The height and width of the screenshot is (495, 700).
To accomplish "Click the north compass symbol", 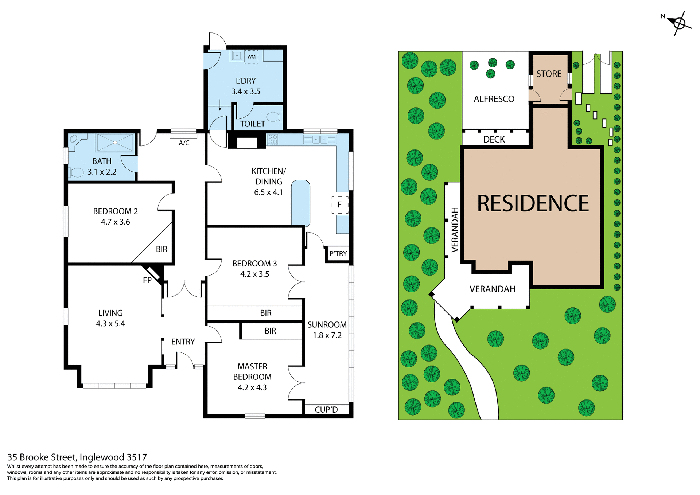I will click(x=679, y=23).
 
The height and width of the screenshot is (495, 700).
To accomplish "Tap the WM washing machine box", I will click(x=251, y=57).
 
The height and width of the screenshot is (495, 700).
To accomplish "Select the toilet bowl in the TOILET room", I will click(x=273, y=117).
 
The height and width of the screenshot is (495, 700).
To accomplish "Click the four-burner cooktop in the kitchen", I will click(x=273, y=139).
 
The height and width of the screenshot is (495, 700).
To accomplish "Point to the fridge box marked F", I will click(x=340, y=205).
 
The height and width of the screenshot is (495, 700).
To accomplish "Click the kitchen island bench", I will click(x=300, y=203).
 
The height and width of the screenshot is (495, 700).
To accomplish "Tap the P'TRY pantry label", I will click(x=338, y=254).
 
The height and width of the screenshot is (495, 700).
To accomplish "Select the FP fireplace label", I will click(x=147, y=280).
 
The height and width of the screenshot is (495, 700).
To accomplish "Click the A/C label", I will click(x=184, y=143).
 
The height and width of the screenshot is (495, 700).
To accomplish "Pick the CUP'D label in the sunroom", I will click(x=326, y=410).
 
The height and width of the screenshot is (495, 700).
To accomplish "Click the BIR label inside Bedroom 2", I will click(x=162, y=249).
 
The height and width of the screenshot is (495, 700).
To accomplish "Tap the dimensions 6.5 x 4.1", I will click(x=268, y=192).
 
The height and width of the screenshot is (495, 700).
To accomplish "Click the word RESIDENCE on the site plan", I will click(x=533, y=203).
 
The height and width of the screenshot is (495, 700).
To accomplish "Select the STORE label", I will click(x=549, y=74).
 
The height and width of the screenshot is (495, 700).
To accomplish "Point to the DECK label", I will click(x=494, y=139).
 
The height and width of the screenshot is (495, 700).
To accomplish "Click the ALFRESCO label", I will click(x=494, y=99).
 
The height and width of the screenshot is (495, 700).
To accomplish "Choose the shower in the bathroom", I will click(x=114, y=143).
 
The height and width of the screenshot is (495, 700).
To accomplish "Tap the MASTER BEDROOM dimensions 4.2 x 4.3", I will click(x=252, y=387).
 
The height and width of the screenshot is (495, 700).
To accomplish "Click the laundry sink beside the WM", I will click(x=237, y=56).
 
